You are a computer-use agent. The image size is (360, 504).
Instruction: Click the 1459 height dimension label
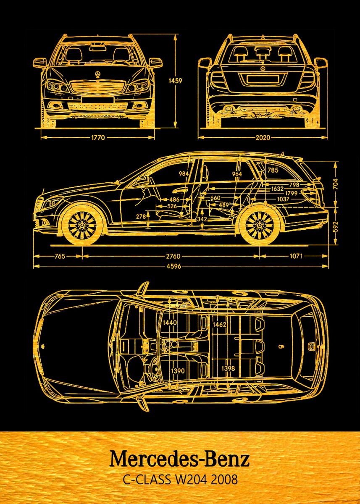(175, 81)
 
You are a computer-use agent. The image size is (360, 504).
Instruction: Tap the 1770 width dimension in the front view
(98, 137)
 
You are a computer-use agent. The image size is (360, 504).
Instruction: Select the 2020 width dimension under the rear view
(263, 137)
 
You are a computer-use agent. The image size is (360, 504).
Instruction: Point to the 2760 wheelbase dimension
(173, 256)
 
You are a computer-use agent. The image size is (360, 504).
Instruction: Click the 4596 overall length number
(174, 266)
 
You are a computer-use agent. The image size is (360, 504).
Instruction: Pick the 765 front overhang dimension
(60, 256)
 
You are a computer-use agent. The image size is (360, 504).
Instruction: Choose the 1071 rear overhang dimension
(296, 256)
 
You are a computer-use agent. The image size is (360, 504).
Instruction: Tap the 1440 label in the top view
(170, 323)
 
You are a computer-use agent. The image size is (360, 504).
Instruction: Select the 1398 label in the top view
(228, 368)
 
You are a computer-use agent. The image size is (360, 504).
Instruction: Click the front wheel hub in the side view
(82, 225)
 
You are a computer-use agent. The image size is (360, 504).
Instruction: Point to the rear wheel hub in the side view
(260, 225)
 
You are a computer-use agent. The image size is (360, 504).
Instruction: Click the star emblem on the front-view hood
(97, 74)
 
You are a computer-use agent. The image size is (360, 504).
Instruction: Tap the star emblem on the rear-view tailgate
(263, 68)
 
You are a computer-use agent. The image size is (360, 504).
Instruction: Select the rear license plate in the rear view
(263, 79)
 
